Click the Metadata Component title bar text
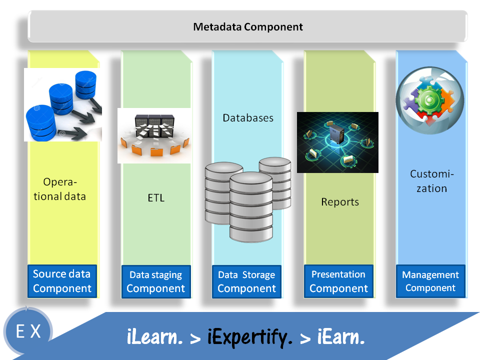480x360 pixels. tap(248, 26)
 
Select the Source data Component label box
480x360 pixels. tap(61, 281)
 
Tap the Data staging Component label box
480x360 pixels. tap(155, 281)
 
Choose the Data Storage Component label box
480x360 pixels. tap(246, 281)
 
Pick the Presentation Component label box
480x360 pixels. tap(338, 281)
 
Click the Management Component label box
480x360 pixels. tap(430, 281)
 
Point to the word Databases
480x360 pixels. tap(248, 118)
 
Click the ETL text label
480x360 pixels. tap(156, 198)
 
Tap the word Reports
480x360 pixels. tap(340, 202)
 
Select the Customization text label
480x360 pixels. tap(431, 181)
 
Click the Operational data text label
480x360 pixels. tap(63, 189)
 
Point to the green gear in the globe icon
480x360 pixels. tap(429, 99)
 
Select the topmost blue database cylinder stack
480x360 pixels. tap(85, 84)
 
